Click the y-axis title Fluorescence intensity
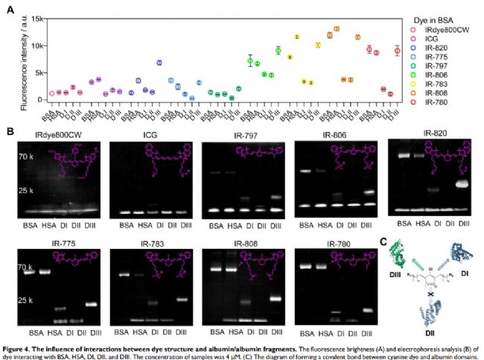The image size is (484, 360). coord(24,66)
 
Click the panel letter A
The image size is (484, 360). coord(9,9)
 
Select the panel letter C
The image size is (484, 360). coord(384,240)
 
